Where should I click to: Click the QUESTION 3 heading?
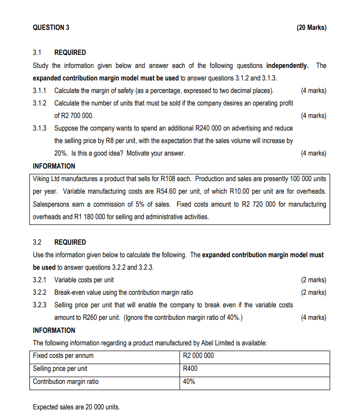(51, 27)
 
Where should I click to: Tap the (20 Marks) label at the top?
(311, 27)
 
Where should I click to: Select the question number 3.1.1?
(40, 91)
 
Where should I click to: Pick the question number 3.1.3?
(40, 128)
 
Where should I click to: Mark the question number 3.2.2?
(40, 292)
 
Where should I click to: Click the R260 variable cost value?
(92, 317)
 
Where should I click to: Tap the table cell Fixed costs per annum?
(63, 356)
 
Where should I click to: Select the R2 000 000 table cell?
(199, 356)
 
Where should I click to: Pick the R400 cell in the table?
(191, 368)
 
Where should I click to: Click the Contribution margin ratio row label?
(65, 381)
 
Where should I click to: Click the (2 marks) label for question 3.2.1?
(313, 280)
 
